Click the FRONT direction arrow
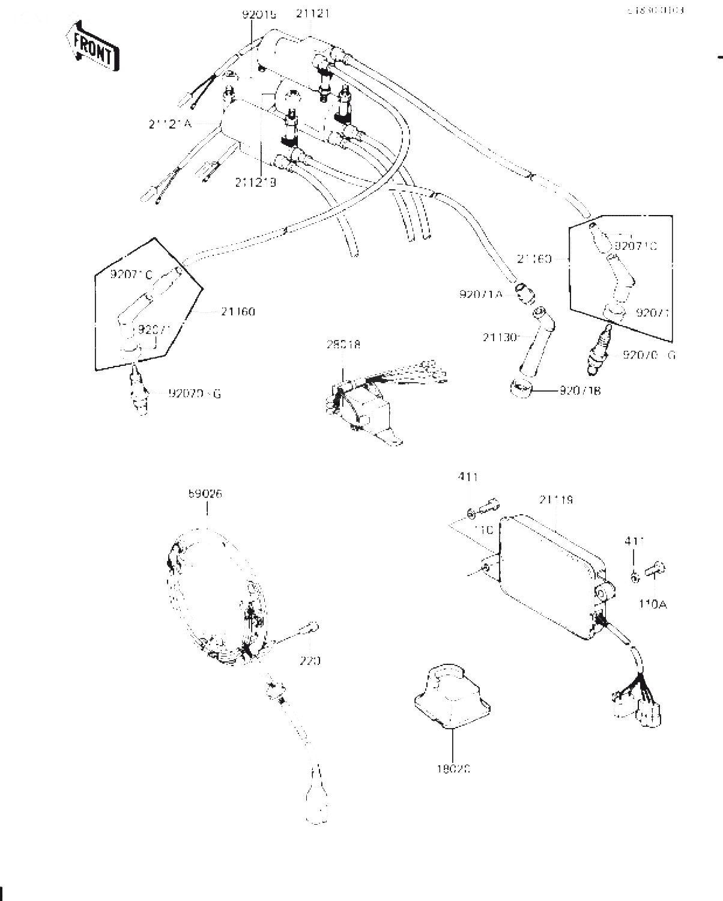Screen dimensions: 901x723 point(91,46)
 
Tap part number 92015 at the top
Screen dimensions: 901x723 point(259,13)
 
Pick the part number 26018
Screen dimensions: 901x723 point(343,345)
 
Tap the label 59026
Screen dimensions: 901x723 point(205,494)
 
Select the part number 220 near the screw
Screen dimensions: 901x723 point(310,661)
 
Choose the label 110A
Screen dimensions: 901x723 point(652,604)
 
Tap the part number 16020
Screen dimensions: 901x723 point(452,768)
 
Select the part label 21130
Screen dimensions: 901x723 point(498,338)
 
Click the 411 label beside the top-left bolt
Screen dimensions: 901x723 point(468,478)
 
